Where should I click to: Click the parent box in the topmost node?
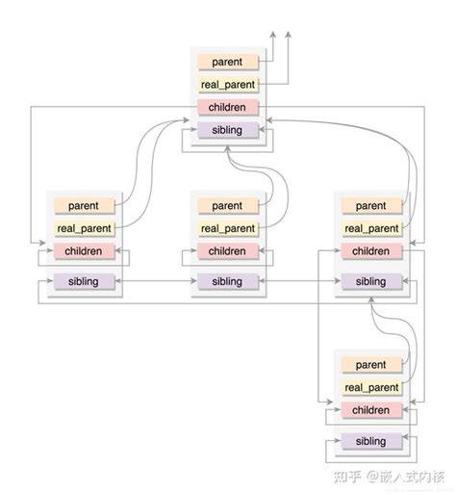pos(228,62)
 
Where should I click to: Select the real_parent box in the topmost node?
pos(228,85)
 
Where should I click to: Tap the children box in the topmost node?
pos(228,107)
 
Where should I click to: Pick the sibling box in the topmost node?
pos(228,130)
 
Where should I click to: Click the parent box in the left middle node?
pos(84,205)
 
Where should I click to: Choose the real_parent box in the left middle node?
pos(84,228)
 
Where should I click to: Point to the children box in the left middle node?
pos(84,251)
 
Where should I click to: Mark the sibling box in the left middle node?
pos(84,281)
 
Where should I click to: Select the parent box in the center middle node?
pos(228,205)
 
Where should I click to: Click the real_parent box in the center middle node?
pos(228,228)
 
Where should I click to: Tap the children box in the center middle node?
pos(228,251)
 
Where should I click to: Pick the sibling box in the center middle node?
pos(228,281)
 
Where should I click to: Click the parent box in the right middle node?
pos(371,205)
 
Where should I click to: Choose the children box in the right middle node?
pos(371,251)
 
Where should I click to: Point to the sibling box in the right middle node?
pos(371,281)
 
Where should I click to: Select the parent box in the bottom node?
pos(371,365)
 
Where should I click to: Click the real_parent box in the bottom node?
pos(371,388)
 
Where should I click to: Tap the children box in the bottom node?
pos(371,410)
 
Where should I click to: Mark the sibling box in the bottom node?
pos(371,441)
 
